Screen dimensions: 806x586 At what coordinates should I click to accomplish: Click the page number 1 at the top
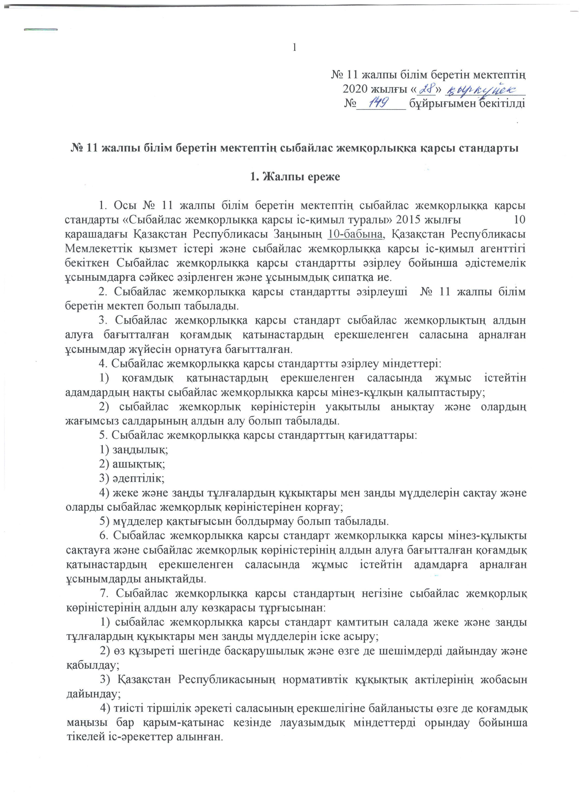click(294, 47)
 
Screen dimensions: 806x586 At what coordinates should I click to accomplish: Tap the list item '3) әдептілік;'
click(132, 478)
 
